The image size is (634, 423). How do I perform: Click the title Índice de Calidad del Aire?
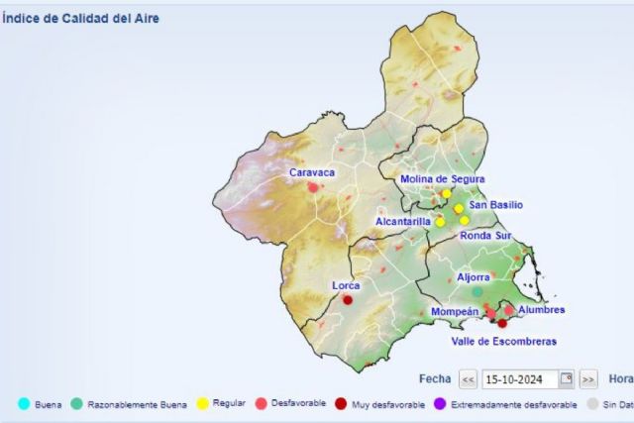coord(80,18)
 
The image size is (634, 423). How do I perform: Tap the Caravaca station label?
coord(312,172)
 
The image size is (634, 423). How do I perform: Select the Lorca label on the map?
coord(346,285)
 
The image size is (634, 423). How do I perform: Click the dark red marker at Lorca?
coord(348,299)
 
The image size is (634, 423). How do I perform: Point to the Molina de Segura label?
coord(442,179)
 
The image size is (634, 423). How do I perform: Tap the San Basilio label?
coord(495,205)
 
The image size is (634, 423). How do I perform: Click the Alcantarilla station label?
coord(404,222)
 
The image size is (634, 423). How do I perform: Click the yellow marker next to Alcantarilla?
coord(440,222)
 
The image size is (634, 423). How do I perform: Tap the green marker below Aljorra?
coord(477,292)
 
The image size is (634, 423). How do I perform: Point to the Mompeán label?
coord(455,312)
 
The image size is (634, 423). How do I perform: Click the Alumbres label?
coord(541,310)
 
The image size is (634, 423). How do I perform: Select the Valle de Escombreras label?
coord(503,341)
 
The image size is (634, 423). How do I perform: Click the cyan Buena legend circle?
coord(24,404)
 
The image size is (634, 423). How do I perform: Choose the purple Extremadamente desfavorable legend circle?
coord(441,404)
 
